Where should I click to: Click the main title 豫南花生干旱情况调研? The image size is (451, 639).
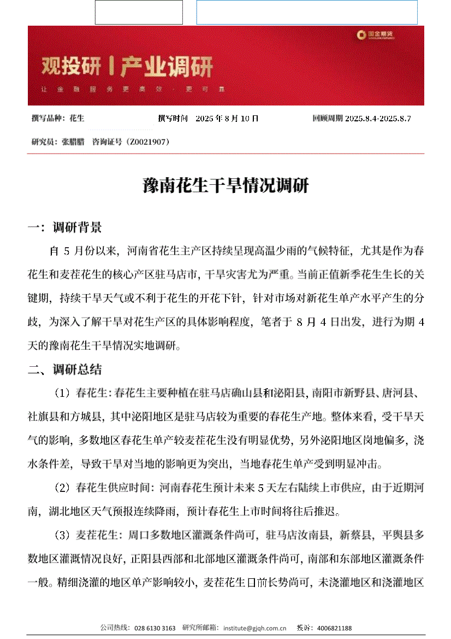tap(226, 186)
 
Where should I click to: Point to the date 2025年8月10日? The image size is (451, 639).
tap(227, 118)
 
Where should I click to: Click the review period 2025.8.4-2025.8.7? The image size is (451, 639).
tap(378, 118)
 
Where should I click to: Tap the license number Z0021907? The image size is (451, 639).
tap(147, 142)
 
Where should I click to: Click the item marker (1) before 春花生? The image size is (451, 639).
tap(62, 393)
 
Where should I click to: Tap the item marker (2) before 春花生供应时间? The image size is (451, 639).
tap(62, 488)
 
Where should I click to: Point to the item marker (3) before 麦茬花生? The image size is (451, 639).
tap(62, 535)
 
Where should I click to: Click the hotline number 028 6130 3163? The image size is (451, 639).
tap(155, 629)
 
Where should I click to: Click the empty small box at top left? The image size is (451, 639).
tap(139, 12)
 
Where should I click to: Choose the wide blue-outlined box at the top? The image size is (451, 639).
tap(307, 12)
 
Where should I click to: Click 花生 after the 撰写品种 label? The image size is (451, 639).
tap(78, 118)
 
